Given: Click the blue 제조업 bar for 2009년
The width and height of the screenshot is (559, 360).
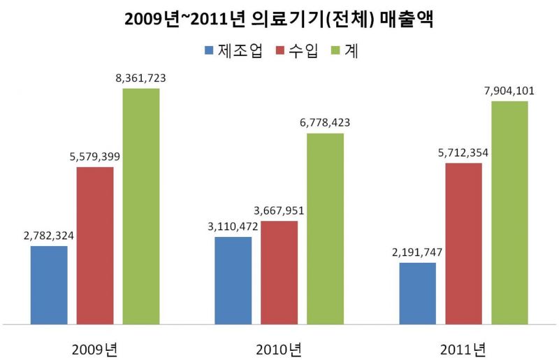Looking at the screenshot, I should [x=49, y=285].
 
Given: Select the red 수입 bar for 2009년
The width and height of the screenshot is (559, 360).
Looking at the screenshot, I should [x=95, y=245].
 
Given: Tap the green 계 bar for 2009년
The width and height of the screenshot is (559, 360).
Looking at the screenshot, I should [x=141, y=206].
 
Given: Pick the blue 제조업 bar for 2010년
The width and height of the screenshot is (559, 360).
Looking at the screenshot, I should [x=233, y=280].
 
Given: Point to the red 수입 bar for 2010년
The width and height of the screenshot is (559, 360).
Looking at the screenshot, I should [x=279, y=273].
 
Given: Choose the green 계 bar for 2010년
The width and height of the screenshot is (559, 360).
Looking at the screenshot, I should [x=325, y=229].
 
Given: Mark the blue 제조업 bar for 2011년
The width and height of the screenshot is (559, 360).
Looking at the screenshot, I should [x=417, y=294].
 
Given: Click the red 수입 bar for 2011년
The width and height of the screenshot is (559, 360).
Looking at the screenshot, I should [x=463, y=243].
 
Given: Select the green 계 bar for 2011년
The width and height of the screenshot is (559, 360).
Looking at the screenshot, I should [x=509, y=213].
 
